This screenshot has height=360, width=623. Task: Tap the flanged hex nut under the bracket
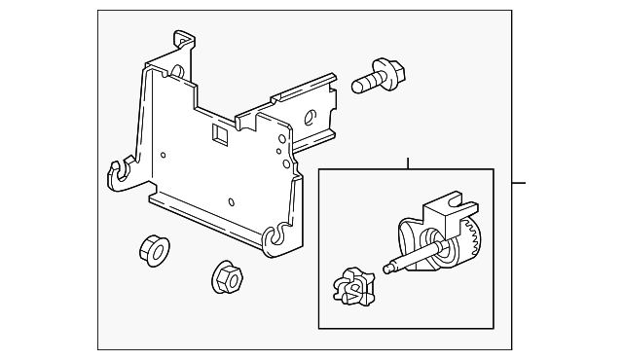tap(227, 275)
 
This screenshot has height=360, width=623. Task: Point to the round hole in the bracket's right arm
tap(310, 119)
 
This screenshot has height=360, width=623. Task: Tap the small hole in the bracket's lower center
tap(231, 202)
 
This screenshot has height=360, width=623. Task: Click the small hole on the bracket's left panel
tap(164, 153)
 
